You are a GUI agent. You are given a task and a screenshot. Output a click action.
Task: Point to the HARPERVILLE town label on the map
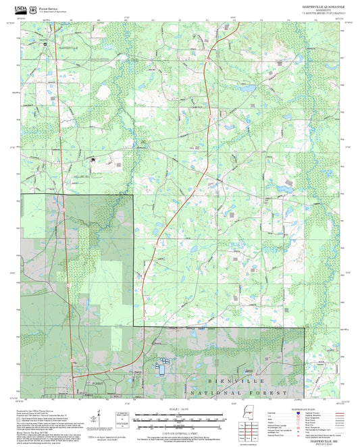[68, 48]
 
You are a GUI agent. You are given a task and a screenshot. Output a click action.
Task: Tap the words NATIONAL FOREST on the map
[239, 392]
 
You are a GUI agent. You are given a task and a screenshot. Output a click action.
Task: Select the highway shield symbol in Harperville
[45, 45]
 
